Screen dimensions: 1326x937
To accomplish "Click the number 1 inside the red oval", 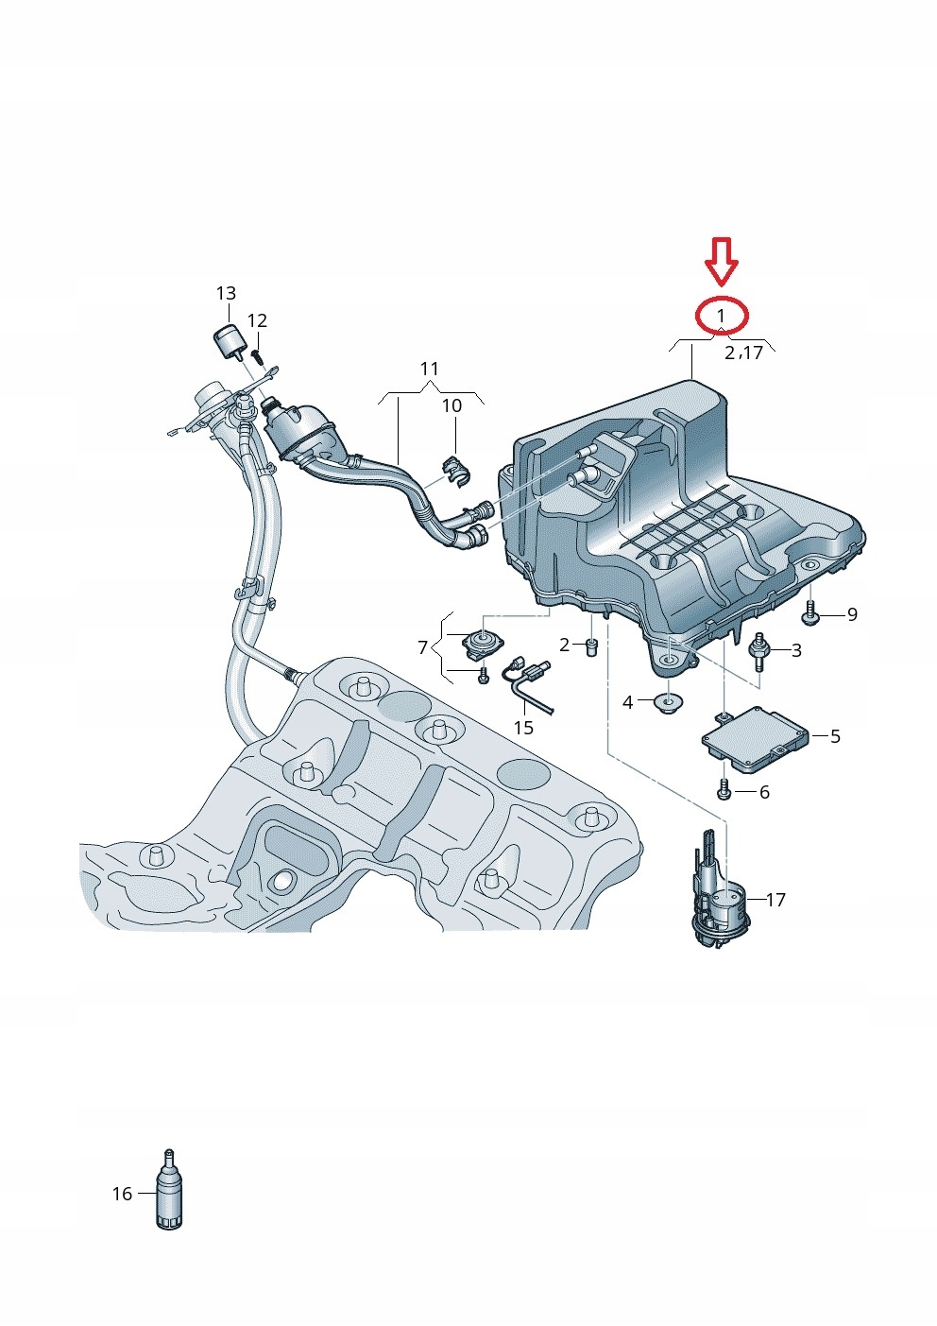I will coord(722,314).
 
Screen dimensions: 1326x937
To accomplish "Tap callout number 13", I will coord(226,294).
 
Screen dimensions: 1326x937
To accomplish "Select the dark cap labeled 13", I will coord(227,340).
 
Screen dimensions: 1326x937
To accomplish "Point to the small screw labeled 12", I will coord(258,355).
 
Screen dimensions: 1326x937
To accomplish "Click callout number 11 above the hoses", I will coord(430,368).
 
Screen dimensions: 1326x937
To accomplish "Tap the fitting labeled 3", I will coord(758,649).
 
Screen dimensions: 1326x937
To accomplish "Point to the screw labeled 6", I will coord(724,790).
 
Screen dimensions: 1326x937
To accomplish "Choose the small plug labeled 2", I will coord(592,647).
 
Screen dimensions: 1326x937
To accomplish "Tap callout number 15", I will coord(523,728).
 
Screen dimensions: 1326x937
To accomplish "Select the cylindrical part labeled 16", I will coord(168,1193).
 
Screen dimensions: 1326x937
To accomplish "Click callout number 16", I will coord(122,1194).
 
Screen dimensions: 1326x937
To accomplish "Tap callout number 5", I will coord(835,735).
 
